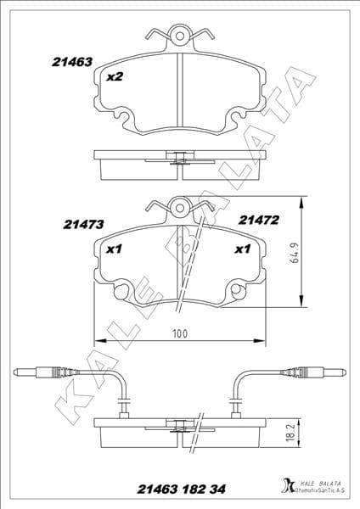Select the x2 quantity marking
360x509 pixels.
(114, 77)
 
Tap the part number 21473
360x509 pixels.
(83, 225)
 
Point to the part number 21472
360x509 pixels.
(259, 219)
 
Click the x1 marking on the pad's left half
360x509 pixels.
(115, 249)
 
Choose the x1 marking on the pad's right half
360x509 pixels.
(240, 249)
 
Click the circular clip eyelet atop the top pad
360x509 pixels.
(179, 35)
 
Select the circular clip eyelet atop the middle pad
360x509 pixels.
(179, 206)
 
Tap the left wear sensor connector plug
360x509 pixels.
(42, 372)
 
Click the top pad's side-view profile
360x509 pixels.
(179, 163)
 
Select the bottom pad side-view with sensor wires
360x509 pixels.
(179, 431)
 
